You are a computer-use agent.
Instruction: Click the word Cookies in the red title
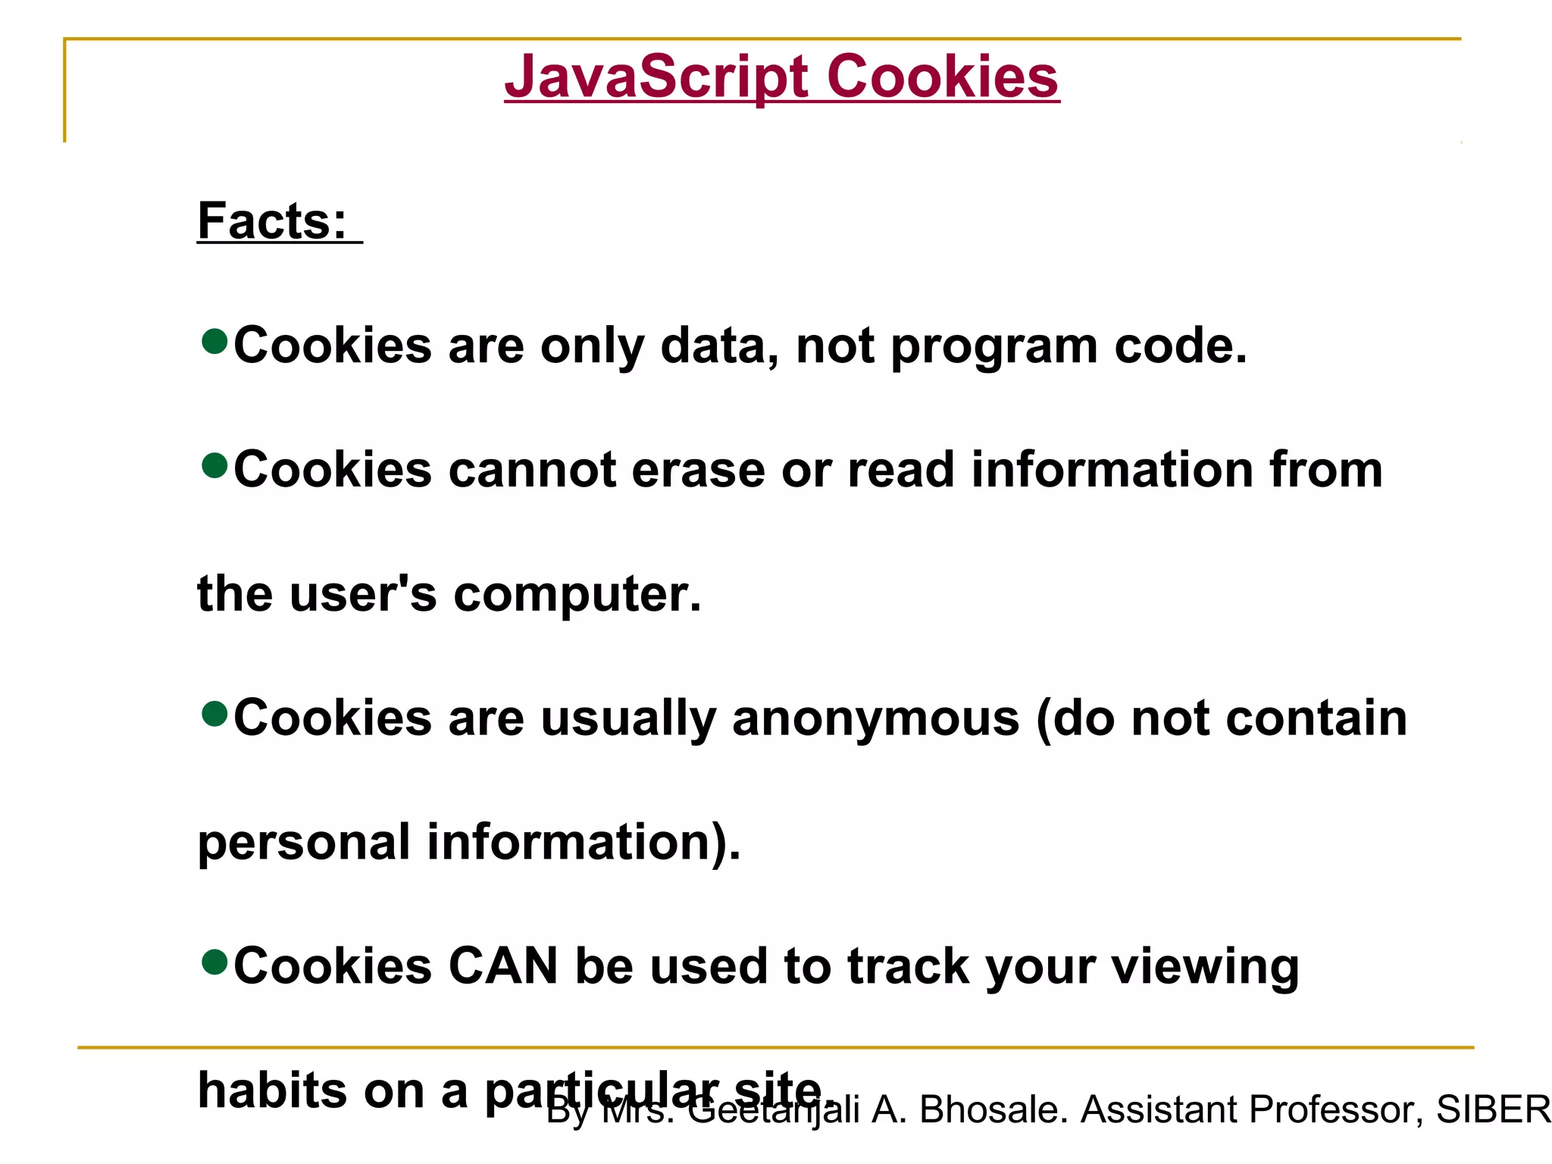(x=943, y=77)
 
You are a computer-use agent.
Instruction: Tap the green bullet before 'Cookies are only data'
(x=215, y=342)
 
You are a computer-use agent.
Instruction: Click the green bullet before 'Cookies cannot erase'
(x=215, y=466)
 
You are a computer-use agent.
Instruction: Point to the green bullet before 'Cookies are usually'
(x=215, y=714)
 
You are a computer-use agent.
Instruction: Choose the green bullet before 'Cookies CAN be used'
(x=215, y=962)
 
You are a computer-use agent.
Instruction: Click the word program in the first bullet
(x=993, y=347)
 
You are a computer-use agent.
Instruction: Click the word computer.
(x=577, y=595)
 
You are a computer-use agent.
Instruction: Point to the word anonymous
(x=875, y=718)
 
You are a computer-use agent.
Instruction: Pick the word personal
(x=303, y=843)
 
